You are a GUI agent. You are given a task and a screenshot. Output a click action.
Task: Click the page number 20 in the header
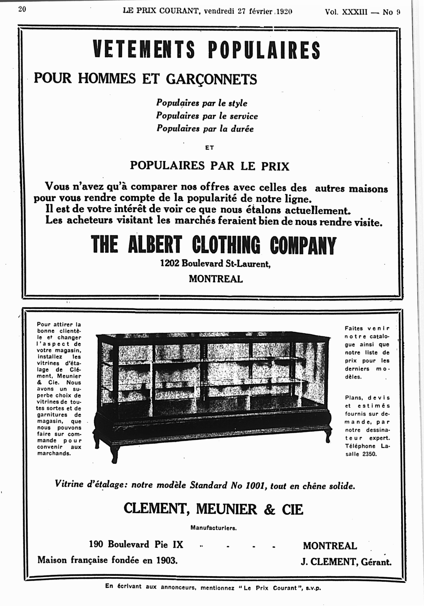click(x=22, y=9)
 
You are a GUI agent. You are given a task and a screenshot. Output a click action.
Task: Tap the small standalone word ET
click(x=209, y=148)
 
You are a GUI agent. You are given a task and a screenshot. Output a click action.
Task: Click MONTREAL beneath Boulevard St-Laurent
click(x=216, y=279)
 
